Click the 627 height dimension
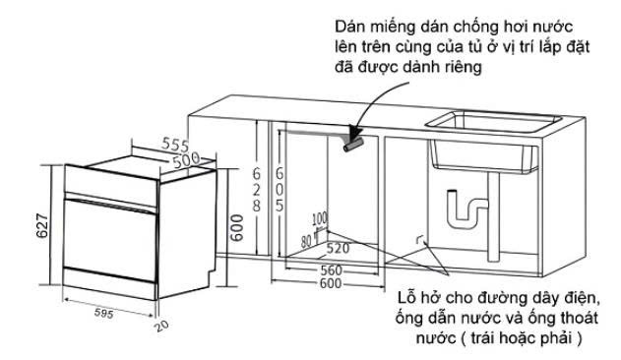[42, 226]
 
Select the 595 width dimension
[103, 313]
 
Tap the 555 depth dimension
[175, 145]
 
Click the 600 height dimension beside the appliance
[236, 228]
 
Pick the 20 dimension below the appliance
[161, 326]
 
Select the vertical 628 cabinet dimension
[257, 189]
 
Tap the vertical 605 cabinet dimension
[279, 189]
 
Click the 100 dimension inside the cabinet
[320, 218]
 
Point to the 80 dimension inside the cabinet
[306, 241]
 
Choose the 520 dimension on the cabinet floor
[338, 248]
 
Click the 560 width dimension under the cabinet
[331, 270]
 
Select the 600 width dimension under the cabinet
[331, 283]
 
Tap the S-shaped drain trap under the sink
[466, 210]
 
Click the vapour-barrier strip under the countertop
[353, 145]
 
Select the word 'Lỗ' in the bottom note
[407, 297]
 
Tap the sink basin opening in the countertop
[493, 121]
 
